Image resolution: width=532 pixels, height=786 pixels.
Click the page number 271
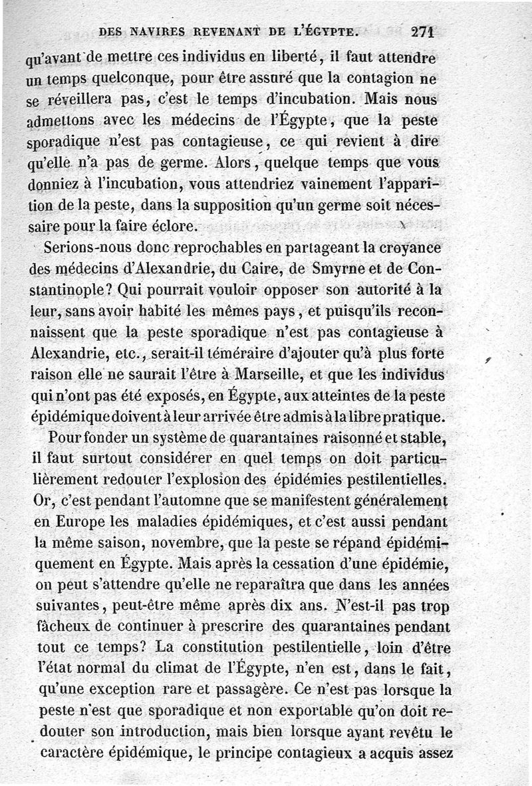422,31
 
